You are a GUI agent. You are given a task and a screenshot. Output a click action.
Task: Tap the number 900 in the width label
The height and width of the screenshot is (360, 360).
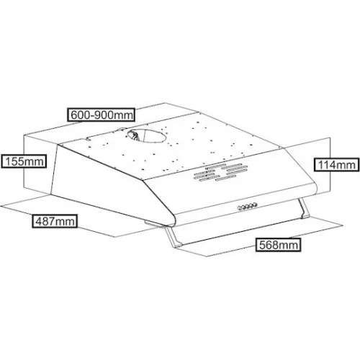point(102,115)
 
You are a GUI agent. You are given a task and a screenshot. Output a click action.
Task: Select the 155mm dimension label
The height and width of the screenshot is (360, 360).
point(24,161)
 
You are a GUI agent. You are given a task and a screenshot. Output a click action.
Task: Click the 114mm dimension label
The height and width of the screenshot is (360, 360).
point(337,165)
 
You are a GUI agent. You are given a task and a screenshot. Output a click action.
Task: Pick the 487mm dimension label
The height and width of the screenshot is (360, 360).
point(55,221)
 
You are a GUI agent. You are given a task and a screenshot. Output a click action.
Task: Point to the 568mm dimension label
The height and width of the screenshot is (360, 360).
point(279,245)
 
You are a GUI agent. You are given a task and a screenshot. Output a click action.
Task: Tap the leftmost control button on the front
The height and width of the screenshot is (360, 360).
point(240,208)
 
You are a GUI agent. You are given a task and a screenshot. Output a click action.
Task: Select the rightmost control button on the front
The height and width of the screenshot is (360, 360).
point(256,204)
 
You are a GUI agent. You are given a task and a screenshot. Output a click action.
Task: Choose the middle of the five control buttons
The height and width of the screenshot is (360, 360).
point(248,206)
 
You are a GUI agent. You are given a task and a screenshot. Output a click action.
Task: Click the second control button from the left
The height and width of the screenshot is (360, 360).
point(244,207)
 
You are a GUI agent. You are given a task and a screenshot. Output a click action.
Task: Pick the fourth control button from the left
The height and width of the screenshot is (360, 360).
point(251,205)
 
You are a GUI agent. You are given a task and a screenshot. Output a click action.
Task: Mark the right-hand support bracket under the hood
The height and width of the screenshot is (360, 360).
point(304,208)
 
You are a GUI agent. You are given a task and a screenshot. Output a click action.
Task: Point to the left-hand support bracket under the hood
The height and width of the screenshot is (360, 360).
point(173,238)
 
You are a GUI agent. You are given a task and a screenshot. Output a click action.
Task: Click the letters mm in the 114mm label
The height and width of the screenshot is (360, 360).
point(346,166)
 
